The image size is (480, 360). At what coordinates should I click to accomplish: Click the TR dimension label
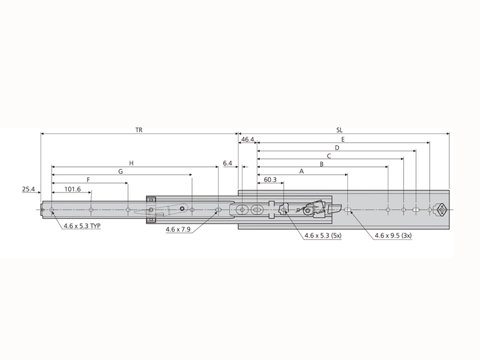pos(139,129)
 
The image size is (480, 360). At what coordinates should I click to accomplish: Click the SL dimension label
pos(340,129)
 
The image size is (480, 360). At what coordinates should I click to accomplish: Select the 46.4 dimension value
pos(247,139)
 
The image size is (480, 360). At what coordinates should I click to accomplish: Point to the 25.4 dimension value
pos(29,189)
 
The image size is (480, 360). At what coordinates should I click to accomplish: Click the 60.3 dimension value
pos(270,179)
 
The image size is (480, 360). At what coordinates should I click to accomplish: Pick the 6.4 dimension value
pos(227,163)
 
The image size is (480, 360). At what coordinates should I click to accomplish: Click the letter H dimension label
pos(131,163)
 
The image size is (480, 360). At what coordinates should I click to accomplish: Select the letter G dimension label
pos(121,171)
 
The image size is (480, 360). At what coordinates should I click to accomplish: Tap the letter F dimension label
pos(88,179)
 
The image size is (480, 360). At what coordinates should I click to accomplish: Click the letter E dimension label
pos(343,139)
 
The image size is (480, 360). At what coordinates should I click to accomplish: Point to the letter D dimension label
pos(337,147)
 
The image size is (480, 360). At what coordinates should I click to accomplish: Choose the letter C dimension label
pos(329,155)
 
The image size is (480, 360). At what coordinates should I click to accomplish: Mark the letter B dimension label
pos(322,163)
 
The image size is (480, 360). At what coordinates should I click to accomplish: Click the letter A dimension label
pos(301,171)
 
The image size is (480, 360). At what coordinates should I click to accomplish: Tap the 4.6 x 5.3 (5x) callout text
pos(323,236)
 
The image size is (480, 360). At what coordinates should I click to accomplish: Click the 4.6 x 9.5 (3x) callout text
pos(393,236)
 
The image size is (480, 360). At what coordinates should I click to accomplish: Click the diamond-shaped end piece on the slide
pos(441,209)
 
